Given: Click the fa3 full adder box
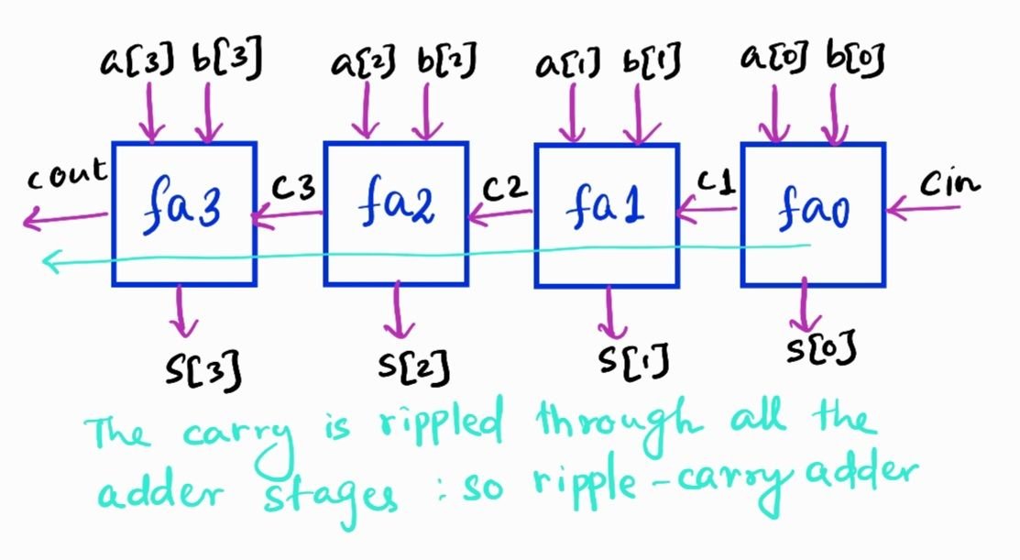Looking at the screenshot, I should click(183, 213).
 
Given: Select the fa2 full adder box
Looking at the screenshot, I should click(396, 213).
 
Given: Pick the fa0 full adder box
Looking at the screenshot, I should click(813, 213).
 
